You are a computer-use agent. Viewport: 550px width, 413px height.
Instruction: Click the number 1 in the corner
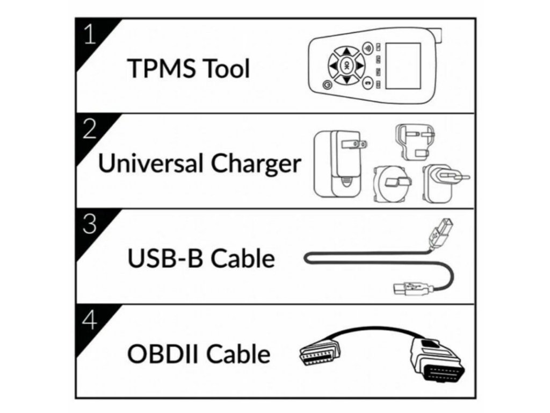coord(90,34)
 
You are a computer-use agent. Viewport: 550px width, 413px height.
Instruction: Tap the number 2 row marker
coord(90,129)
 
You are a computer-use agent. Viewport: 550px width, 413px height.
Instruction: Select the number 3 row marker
coord(90,224)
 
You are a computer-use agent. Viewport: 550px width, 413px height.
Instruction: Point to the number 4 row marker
coord(90,320)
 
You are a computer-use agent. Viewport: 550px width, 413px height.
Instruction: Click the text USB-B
coord(164,259)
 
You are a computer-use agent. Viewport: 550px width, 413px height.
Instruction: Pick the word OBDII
coord(164,354)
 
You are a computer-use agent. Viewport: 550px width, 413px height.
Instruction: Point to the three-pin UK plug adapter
coord(412,142)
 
